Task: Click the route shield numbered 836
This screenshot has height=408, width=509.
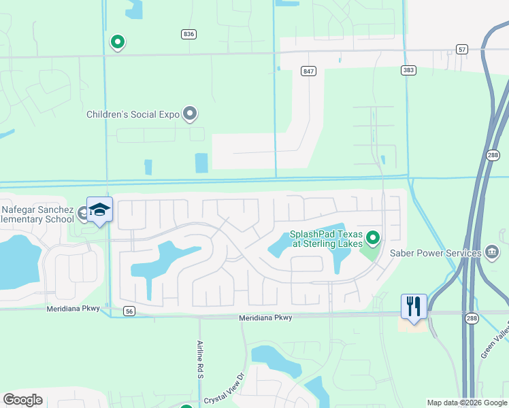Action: (x=189, y=34)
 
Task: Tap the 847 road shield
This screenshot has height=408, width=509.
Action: (x=310, y=71)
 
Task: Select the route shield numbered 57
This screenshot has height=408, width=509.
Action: (x=462, y=49)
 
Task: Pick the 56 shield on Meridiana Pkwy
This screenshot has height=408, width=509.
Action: (x=129, y=311)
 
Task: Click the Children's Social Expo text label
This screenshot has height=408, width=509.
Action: (x=133, y=115)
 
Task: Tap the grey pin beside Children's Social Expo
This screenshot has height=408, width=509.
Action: (x=190, y=114)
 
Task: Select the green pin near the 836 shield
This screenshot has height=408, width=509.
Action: (x=118, y=42)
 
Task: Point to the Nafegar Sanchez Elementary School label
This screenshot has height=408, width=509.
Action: (x=37, y=214)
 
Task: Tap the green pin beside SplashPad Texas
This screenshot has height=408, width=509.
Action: (x=372, y=238)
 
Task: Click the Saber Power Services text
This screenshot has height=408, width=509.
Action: (x=435, y=253)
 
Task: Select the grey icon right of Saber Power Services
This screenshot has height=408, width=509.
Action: (x=491, y=252)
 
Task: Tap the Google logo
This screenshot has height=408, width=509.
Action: (x=23, y=400)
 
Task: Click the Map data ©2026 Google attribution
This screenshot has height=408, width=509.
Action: (x=467, y=403)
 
